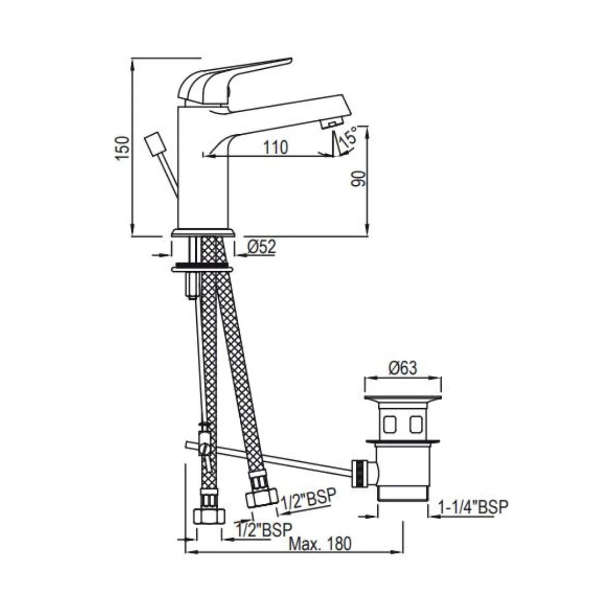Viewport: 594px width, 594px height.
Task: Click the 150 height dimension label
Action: [123, 147]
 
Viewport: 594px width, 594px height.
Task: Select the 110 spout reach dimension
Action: [275, 147]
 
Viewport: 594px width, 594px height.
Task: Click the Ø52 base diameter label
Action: [261, 248]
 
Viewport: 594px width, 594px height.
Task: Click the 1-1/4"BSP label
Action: [474, 507]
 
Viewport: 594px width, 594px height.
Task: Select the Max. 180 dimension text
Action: [320, 544]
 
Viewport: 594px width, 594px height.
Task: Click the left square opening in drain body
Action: [389, 424]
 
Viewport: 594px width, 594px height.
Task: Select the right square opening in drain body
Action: [416, 424]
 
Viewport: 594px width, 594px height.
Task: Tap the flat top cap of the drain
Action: [403, 397]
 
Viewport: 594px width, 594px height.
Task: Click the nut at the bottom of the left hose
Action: [210, 516]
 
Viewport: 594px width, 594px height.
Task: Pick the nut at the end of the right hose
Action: [261, 497]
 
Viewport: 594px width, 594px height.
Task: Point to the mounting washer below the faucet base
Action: [202, 269]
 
